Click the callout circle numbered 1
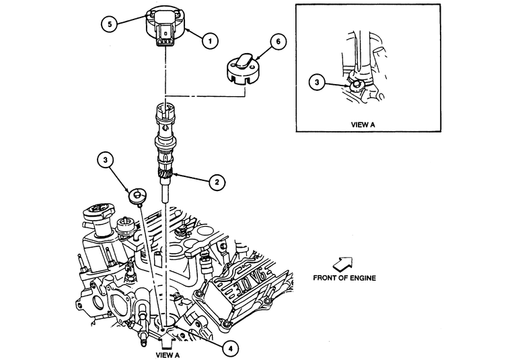pos(210,41)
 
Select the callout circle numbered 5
pos(110,24)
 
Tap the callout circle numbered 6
pos(278,42)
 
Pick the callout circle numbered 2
pos(217,182)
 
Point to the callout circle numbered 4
pos(230,348)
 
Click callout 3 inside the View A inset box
pos(317,82)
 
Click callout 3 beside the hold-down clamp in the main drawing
pos(106,160)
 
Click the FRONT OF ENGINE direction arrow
pos(342,264)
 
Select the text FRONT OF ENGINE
pos(344,278)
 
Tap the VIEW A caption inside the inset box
pos(363,124)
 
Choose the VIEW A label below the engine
pos(168,355)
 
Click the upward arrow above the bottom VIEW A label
pos(167,341)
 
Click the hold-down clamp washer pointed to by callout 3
pos(137,196)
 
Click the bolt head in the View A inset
pos(356,85)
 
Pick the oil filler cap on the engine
pos(98,213)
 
